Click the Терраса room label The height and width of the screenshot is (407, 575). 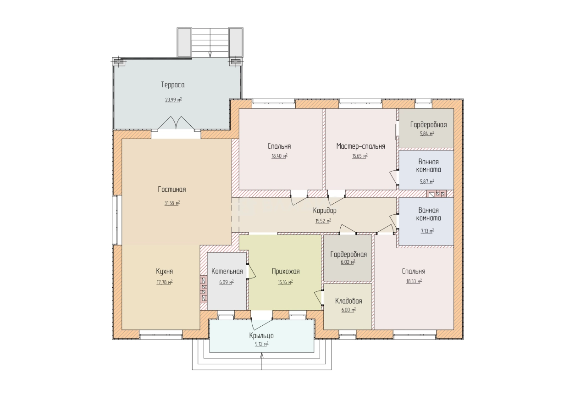click(173, 85)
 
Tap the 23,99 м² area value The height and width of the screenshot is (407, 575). click(173, 100)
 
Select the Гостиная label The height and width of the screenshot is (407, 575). click(172, 190)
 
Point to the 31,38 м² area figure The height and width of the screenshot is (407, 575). click(172, 203)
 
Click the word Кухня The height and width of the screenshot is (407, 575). click(165, 271)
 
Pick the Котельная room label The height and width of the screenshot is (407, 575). click(227, 271)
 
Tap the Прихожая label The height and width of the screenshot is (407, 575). click(286, 271)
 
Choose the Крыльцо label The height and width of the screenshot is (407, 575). click(261, 335)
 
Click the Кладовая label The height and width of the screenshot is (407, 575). click(348, 301)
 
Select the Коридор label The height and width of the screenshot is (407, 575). click(325, 211)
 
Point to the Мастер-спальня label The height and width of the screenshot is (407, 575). click(361, 146)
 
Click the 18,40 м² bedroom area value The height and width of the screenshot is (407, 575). click(280, 156)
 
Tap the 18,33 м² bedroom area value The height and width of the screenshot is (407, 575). click(414, 281)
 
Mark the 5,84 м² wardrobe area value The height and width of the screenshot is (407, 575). click(427, 134)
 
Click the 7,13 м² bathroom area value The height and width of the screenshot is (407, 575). click(427, 231)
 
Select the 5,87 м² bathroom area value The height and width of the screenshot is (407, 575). click(427, 181)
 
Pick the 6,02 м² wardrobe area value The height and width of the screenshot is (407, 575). click(348, 262)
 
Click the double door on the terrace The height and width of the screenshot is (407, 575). click(176, 123)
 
